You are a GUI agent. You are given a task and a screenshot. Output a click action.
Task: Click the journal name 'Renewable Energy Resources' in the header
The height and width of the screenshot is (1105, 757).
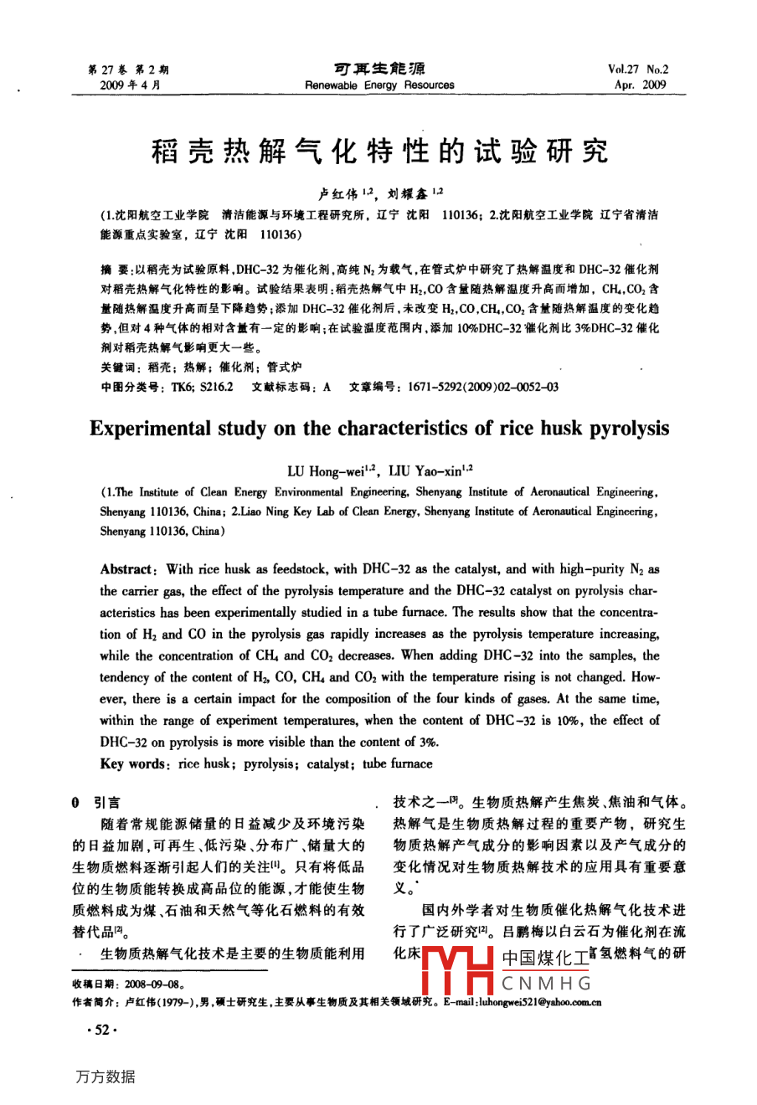tap(379, 85)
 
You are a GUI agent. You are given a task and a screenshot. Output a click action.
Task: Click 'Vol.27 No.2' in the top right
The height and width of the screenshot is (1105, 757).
tap(639, 70)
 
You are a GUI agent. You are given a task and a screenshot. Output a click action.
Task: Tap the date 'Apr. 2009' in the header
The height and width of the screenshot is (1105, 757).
tap(640, 85)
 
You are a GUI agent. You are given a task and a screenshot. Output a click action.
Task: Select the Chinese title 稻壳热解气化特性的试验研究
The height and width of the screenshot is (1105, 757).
tap(379, 152)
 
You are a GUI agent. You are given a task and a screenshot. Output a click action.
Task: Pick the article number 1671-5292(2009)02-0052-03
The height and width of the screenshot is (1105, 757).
tap(482, 387)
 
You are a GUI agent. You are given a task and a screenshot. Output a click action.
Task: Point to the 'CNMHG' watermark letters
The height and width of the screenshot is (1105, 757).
tap(547, 983)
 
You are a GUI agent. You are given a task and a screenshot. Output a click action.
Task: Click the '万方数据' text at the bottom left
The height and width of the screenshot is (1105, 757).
tap(105, 1077)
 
